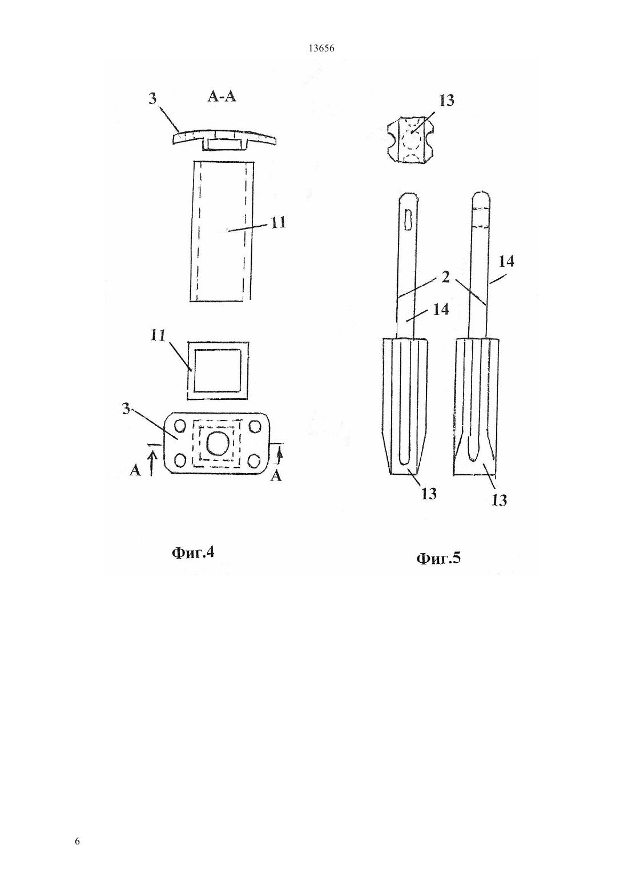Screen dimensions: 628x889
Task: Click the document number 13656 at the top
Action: click(x=321, y=49)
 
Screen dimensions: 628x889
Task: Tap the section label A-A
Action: click(x=222, y=97)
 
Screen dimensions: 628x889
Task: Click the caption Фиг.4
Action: click(x=193, y=553)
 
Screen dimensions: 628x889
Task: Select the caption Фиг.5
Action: click(x=438, y=558)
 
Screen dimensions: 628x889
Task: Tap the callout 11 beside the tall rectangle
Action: click(x=279, y=222)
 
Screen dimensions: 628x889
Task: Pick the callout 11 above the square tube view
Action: click(x=158, y=336)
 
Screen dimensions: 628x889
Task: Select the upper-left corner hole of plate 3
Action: click(x=180, y=426)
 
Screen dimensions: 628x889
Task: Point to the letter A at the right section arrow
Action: click(x=276, y=475)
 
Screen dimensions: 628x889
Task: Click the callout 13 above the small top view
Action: click(x=446, y=101)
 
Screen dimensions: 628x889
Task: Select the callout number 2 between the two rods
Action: click(x=446, y=278)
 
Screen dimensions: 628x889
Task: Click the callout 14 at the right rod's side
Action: click(x=506, y=261)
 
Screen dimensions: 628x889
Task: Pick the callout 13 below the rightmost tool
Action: click(x=499, y=500)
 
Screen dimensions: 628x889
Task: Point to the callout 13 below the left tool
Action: click(x=429, y=494)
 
